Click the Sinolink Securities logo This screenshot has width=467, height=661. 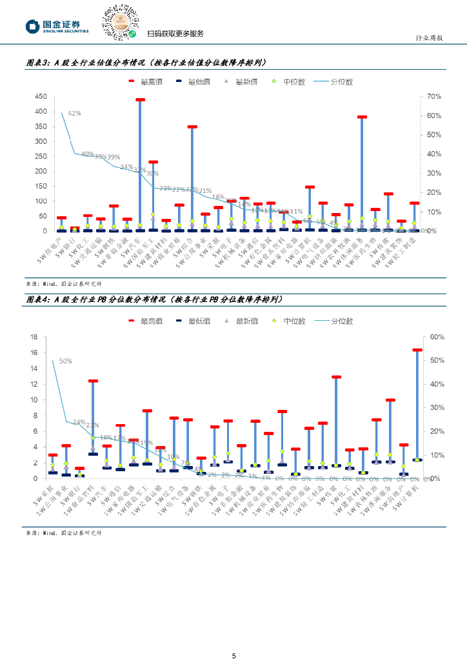[57, 26]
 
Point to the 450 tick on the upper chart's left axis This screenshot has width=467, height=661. [41, 96]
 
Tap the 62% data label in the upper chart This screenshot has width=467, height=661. [74, 113]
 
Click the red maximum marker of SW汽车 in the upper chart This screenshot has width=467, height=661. [140, 100]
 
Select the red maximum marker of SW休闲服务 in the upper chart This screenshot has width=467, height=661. [362, 117]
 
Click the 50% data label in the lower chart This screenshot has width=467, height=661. [65, 361]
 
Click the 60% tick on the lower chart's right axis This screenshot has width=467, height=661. [437, 337]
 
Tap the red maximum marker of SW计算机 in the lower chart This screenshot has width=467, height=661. [417, 350]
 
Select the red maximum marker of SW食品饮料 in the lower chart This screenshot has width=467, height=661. [93, 381]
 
